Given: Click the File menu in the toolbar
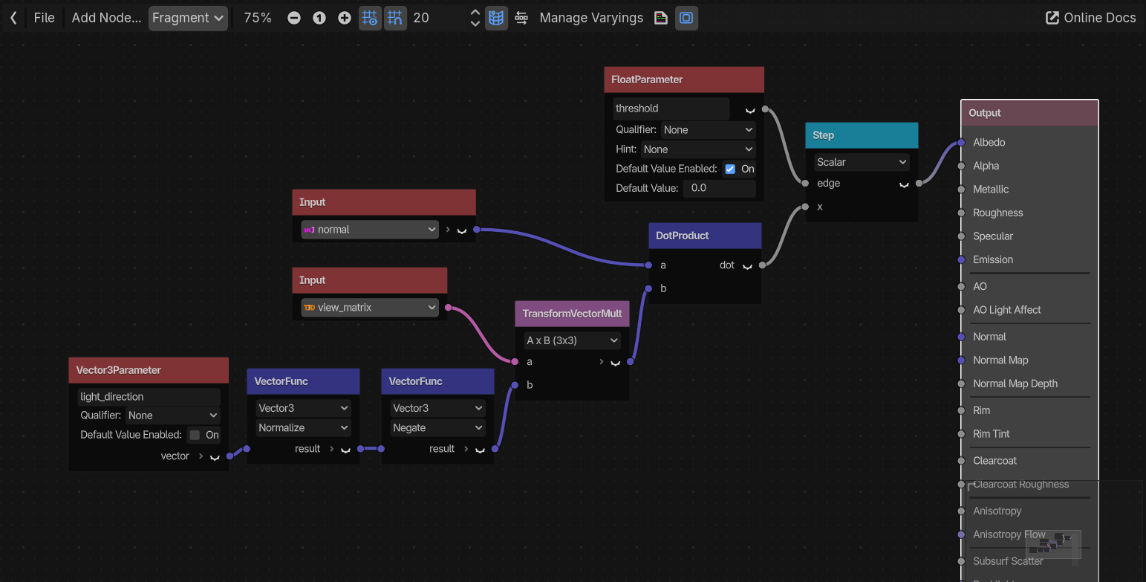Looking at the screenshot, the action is [x=44, y=18].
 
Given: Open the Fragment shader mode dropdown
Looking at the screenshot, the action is [x=188, y=18].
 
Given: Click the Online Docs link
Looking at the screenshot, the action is [x=1090, y=18].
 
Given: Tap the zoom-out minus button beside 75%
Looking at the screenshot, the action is [x=293, y=18].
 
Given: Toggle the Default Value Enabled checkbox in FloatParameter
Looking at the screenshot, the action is [x=730, y=169].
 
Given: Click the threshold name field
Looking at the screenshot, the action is [x=671, y=109].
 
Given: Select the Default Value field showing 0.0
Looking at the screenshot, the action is [x=719, y=188].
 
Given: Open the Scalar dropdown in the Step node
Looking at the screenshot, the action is [x=862, y=162].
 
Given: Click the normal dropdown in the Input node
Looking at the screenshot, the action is [x=369, y=230].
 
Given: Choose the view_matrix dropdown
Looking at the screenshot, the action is [x=369, y=308].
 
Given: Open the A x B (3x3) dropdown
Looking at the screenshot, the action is [x=572, y=340].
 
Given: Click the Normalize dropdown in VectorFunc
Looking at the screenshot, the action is [x=303, y=428].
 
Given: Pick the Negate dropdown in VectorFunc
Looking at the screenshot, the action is [x=437, y=428].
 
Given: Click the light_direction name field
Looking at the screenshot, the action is [x=149, y=397].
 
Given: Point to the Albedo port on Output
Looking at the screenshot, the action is [x=961, y=143].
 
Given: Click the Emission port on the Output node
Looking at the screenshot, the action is [x=961, y=260].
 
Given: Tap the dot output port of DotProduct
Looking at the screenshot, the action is [x=762, y=265].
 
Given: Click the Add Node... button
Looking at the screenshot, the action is [x=106, y=18].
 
